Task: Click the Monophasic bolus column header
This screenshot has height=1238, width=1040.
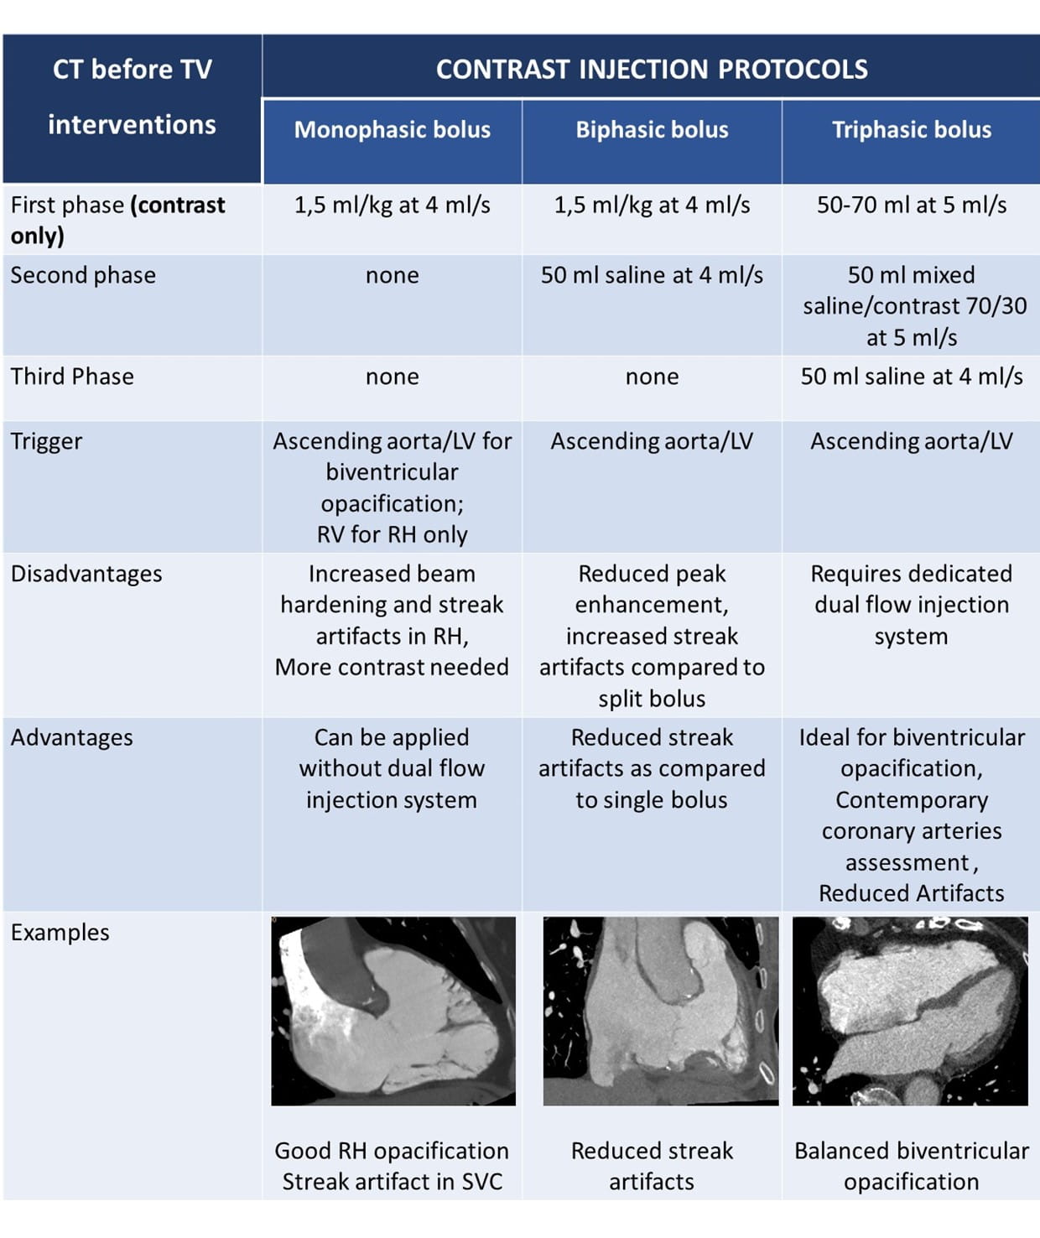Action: point(392,130)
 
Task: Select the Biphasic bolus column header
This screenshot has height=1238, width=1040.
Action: point(652,130)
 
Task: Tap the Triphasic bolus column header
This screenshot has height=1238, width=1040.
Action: point(912,130)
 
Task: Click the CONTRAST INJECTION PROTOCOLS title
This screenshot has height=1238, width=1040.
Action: point(652,70)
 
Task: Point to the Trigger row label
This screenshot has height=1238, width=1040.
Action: point(46,442)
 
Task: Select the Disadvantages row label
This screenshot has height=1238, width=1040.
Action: point(86,574)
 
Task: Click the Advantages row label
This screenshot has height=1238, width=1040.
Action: point(72,737)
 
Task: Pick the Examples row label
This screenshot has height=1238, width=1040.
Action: point(60,933)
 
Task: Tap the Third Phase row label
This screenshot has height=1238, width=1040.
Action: point(72,377)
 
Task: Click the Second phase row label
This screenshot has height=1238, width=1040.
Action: point(83,275)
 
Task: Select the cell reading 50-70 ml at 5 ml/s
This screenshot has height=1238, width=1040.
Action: point(912,205)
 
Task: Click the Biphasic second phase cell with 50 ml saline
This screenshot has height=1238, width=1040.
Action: point(652,275)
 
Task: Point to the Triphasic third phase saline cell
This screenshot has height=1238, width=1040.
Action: point(912,377)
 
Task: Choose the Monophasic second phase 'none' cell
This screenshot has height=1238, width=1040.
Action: point(392,276)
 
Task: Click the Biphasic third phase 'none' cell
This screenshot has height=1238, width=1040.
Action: point(652,377)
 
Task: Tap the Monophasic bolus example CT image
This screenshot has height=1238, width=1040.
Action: point(393,1012)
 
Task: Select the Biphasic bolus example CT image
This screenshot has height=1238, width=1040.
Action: point(661,1012)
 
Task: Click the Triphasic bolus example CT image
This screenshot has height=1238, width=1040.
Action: point(910,1012)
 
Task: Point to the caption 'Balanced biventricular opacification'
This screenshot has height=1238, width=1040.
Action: point(912,1166)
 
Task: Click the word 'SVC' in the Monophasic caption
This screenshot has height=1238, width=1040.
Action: point(482,1182)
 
